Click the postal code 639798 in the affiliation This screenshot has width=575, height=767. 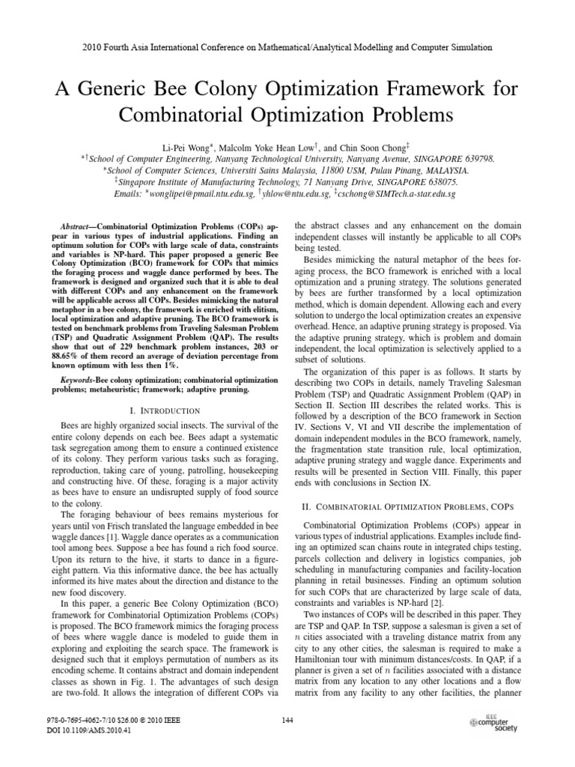click(477, 160)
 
